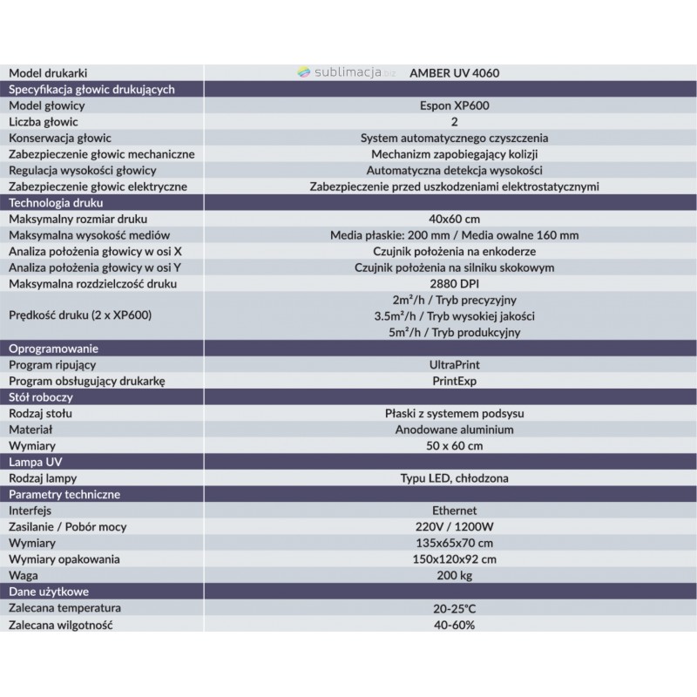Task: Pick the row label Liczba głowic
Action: [x=43, y=122]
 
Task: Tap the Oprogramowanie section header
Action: [x=51, y=349]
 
